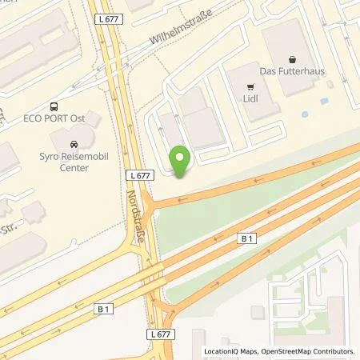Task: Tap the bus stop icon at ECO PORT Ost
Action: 54,106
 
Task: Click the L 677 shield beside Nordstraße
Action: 137,174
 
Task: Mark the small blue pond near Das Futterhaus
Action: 305,115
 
